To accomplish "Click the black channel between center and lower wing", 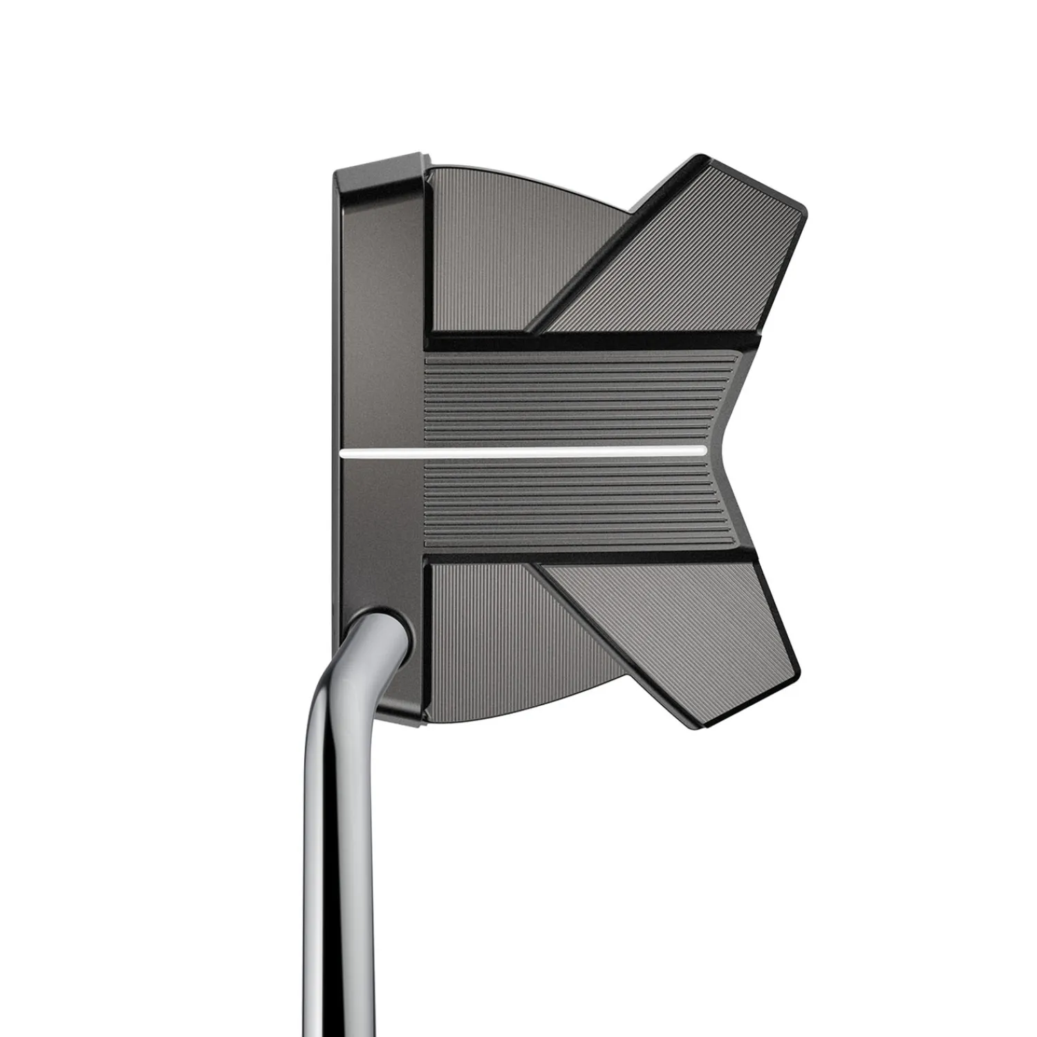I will (x=588, y=556).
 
